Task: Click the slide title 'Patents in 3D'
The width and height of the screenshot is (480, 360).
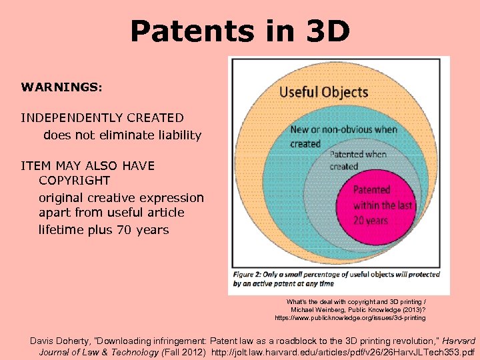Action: click(x=239, y=31)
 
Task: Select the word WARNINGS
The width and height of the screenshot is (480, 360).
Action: click(x=60, y=87)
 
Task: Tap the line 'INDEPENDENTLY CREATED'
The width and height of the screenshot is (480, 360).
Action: click(x=102, y=118)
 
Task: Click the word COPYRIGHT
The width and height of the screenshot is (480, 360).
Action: click(x=74, y=181)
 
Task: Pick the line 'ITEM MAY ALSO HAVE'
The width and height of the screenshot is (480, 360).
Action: click(x=87, y=166)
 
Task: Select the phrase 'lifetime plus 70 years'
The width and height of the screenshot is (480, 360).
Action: click(x=103, y=230)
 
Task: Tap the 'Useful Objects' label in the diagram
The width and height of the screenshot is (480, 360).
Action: click(x=323, y=92)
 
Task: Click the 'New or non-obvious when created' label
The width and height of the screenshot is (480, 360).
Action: click(x=343, y=136)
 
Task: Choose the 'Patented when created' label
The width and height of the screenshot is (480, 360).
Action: click(x=357, y=160)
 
